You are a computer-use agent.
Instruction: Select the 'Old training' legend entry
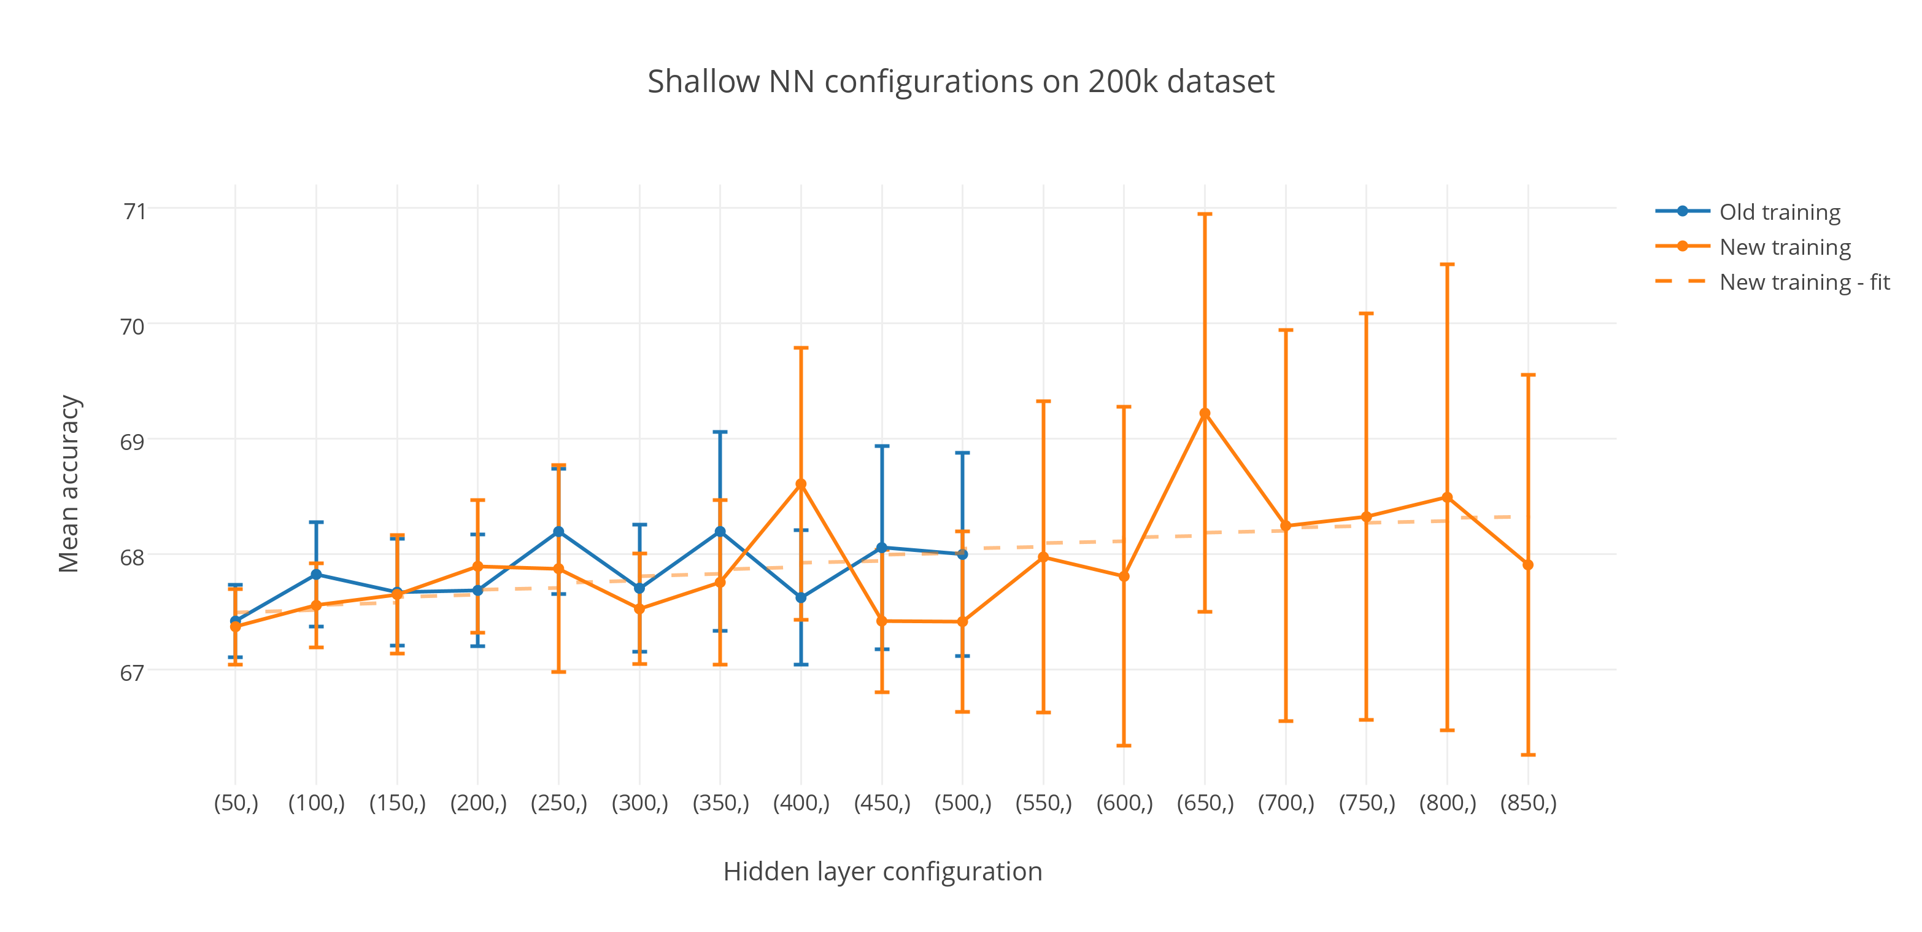1780,212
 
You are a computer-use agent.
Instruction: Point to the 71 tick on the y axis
134,211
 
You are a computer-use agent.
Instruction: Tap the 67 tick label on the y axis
132,672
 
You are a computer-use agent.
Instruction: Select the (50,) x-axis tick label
236,803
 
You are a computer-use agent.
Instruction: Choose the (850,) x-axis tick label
1528,803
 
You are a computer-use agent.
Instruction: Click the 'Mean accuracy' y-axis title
69,484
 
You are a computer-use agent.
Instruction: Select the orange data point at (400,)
801,484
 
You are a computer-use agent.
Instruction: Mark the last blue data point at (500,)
962,554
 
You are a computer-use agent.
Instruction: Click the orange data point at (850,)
1528,565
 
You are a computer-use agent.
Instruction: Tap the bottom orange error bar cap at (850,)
1528,755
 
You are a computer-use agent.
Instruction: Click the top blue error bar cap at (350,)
720,432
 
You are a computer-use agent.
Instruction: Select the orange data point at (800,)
1448,497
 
